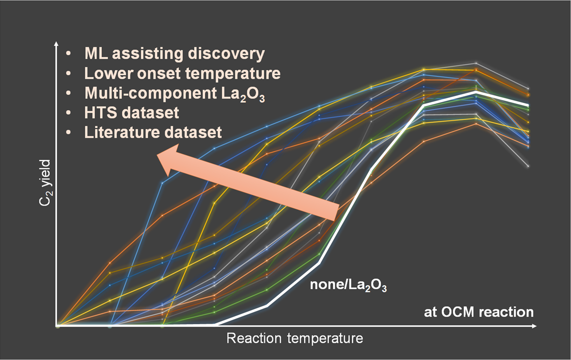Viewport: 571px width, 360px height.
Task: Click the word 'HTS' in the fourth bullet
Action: (x=99, y=113)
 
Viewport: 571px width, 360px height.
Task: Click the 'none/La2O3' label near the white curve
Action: (x=348, y=285)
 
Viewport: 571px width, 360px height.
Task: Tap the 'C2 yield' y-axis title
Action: (x=46, y=182)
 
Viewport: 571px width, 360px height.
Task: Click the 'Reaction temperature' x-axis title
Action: (x=295, y=339)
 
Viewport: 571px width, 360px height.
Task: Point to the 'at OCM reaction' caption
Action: (x=479, y=312)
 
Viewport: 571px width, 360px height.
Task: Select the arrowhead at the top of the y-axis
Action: (x=56, y=44)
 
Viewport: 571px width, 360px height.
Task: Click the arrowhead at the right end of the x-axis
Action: (x=534, y=326)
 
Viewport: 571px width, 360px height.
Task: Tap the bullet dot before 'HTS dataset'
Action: (x=68, y=113)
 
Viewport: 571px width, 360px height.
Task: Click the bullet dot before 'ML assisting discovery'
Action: (x=68, y=53)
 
